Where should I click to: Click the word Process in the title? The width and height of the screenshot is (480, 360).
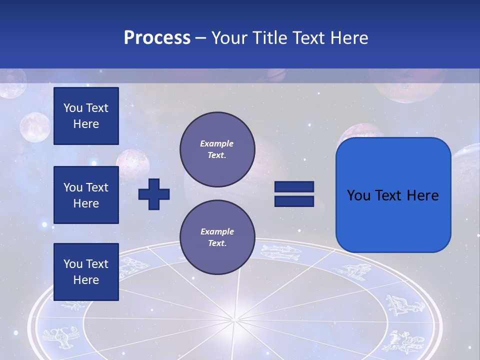coord(157,38)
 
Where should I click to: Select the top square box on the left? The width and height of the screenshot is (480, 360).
coord(86,116)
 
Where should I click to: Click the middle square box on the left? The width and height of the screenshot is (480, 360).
coord(86,195)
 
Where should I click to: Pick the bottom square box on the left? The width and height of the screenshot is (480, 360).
coord(86,271)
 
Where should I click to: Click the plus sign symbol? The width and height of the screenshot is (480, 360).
coord(154,194)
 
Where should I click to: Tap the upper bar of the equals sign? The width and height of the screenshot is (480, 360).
coord(294,187)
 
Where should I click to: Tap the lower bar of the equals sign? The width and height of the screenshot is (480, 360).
coord(294,201)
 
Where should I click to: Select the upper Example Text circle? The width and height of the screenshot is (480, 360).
coord(217,149)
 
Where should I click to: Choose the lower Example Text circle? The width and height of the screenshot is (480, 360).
coord(217,237)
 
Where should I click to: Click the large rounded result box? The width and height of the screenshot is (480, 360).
coord(393,195)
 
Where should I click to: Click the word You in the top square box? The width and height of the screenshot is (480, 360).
coord(72,108)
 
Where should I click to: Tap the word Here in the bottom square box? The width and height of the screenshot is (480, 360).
coord(86,280)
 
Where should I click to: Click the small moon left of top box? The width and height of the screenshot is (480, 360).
coord(35,127)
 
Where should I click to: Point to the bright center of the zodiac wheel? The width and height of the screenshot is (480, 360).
coord(234,318)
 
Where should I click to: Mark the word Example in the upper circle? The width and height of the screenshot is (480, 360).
coord(216,143)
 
